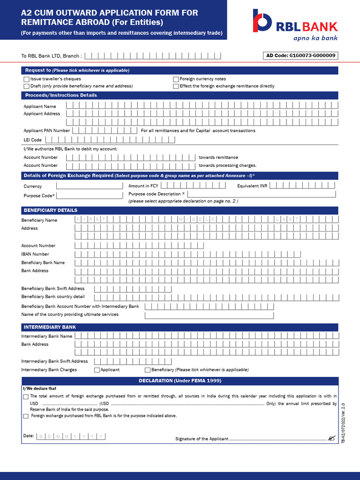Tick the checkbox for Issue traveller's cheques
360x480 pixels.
tap(26, 79)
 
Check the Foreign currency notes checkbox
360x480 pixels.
tap(176, 79)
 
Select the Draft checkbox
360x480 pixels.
tap(26, 86)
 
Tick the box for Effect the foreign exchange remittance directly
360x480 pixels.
tap(176, 86)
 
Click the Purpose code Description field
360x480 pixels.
tap(262, 194)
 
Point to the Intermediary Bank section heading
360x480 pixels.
tap(49, 327)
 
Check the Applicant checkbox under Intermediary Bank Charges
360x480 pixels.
tap(97, 370)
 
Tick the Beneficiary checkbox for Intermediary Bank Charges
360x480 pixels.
tap(148, 370)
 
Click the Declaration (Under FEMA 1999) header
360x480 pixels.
tap(180, 381)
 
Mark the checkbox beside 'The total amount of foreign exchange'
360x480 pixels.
tap(26, 397)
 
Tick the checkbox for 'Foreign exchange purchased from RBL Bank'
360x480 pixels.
tap(26, 416)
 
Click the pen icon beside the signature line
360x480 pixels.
tap(332, 438)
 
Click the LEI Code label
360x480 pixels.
tap(32, 140)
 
